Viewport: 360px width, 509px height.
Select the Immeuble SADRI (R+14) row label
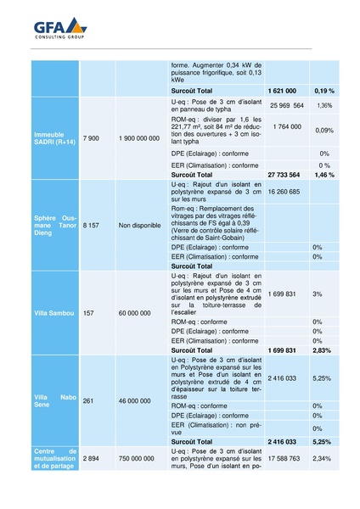[x=54, y=137]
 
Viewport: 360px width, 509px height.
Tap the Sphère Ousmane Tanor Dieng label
[x=54, y=227]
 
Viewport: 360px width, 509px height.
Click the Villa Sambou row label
[x=50, y=313]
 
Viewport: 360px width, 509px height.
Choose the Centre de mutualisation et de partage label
[x=54, y=458]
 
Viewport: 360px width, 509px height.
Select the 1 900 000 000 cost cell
[x=139, y=137]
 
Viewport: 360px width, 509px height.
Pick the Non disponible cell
[x=140, y=227]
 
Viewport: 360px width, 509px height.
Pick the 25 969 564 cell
[x=286, y=106]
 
